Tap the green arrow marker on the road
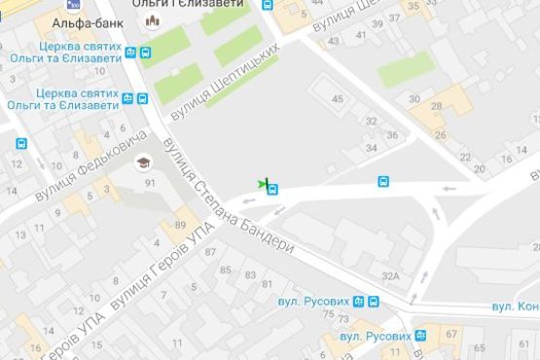pyautogui.click(x=262, y=183)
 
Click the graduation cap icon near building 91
pyautogui.click(x=143, y=162)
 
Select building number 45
pyautogui.click(x=338, y=99)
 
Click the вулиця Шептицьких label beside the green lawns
pyautogui.click(x=224, y=82)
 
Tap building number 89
pyautogui.click(x=181, y=226)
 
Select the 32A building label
pyautogui.click(x=391, y=276)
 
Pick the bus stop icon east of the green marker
pyautogui.click(x=384, y=182)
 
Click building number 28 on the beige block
pyautogui.click(x=437, y=107)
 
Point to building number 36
pyautogui.click(x=392, y=135)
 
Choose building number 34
pyautogui.click(x=371, y=148)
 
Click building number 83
pyautogui.click(x=251, y=275)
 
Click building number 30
pyautogui.click(x=414, y=99)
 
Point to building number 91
pyautogui.click(x=149, y=183)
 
